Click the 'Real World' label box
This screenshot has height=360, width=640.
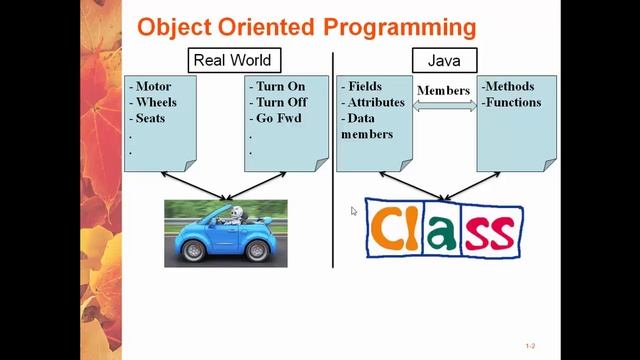click(x=232, y=59)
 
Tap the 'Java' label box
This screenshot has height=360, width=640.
click(x=444, y=59)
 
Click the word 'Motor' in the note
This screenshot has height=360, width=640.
click(x=154, y=87)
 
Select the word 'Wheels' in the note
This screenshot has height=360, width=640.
click(x=157, y=102)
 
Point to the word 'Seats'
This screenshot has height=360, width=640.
click(x=152, y=118)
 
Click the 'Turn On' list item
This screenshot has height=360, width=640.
click(x=281, y=87)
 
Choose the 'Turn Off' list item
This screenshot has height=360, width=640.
click(x=281, y=102)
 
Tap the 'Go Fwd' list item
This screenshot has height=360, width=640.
click(x=280, y=118)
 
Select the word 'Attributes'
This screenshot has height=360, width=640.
click(x=375, y=102)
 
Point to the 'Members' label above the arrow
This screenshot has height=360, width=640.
click(x=443, y=90)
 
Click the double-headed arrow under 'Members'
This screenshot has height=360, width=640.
click(x=444, y=104)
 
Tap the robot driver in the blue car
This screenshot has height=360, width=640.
click(x=236, y=216)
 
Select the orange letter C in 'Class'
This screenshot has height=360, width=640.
click(x=392, y=228)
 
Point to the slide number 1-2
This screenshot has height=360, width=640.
click(x=531, y=346)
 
